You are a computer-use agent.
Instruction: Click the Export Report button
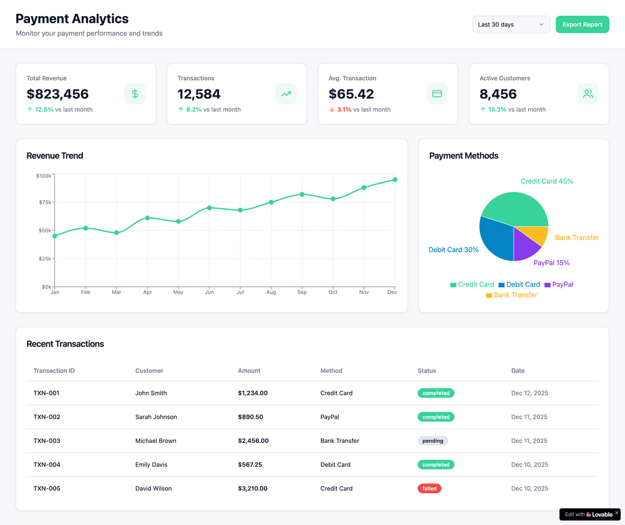(582, 24)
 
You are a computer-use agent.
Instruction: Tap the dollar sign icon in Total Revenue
(135, 94)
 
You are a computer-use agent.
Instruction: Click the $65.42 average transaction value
(351, 94)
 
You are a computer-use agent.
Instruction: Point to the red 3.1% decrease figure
(344, 109)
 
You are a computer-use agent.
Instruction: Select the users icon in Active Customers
(588, 94)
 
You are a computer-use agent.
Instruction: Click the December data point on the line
(395, 180)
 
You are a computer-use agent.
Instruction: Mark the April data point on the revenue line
(148, 218)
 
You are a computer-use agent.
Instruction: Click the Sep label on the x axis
(302, 293)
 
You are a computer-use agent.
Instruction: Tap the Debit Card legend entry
(519, 284)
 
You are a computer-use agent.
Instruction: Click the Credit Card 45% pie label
(546, 182)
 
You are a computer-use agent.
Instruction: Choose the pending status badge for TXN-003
(433, 441)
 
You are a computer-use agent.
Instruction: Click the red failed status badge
(429, 489)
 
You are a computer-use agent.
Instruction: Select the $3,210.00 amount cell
(252, 489)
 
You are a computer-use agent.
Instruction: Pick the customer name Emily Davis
(151, 465)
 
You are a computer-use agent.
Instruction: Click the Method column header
(331, 371)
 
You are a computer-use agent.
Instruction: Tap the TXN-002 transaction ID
(47, 417)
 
